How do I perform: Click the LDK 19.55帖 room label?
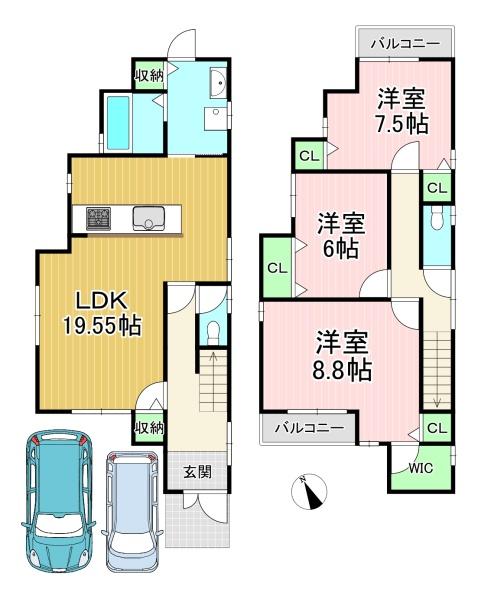(x=102, y=313)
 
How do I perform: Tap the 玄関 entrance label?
(x=197, y=471)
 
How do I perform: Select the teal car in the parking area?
(x=59, y=501)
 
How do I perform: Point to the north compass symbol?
(x=309, y=491)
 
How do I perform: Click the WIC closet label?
(x=420, y=468)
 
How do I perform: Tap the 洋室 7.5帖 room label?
(x=401, y=111)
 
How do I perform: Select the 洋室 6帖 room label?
(x=341, y=236)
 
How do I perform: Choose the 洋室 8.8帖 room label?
(x=342, y=356)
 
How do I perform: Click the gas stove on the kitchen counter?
(x=98, y=218)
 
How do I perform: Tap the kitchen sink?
(x=149, y=218)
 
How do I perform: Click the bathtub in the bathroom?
(x=118, y=122)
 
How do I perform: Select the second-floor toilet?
(x=436, y=219)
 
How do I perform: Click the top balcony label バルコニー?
(x=405, y=44)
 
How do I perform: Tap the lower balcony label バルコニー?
(x=310, y=427)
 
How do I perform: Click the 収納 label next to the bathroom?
(x=149, y=75)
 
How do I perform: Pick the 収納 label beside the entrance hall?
(x=149, y=427)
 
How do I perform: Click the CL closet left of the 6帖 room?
(x=277, y=268)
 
